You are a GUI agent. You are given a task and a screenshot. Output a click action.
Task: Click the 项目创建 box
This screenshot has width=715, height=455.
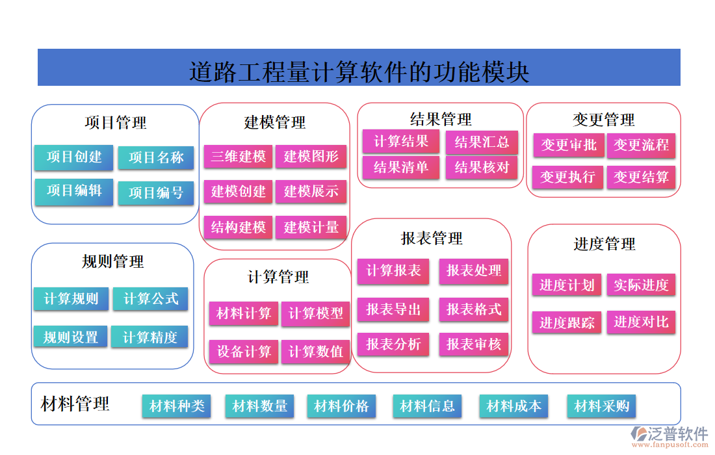click(x=73, y=157)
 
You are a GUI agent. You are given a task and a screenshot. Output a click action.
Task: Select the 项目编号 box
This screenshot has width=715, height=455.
click(x=156, y=193)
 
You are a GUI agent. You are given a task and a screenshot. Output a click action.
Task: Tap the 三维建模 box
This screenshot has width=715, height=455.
click(x=238, y=157)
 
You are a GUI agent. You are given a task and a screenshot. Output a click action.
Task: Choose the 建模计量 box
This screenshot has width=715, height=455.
click(x=311, y=227)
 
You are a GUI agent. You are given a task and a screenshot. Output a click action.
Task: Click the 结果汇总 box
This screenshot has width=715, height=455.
click(x=482, y=142)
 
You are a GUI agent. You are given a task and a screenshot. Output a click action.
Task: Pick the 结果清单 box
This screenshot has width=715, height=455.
click(x=401, y=168)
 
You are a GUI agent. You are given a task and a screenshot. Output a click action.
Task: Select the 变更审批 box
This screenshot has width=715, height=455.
click(x=569, y=145)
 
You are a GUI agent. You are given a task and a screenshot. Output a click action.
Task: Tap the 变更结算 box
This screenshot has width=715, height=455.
click(x=642, y=177)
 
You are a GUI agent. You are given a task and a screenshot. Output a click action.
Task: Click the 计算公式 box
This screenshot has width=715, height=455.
click(x=151, y=299)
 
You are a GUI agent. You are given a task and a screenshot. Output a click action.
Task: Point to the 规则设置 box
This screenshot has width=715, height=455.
click(x=70, y=337)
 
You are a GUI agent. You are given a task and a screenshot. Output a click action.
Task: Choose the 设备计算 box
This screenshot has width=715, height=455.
click(x=244, y=352)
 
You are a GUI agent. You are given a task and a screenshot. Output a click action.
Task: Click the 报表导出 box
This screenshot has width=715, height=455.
click(x=393, y=309)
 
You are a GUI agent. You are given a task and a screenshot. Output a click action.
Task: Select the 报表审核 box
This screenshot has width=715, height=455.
click(x=474, y=344)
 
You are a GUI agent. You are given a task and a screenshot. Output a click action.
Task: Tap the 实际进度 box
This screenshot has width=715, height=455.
click(x=642, y=285)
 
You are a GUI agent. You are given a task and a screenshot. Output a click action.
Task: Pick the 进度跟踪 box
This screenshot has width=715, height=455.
click(x=567, y=323)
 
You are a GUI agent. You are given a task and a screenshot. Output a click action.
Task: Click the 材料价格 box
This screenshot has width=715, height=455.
click(x=341, y=406)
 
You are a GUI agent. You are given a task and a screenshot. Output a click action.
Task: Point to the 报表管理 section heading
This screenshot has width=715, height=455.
click(x=432, y=239)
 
